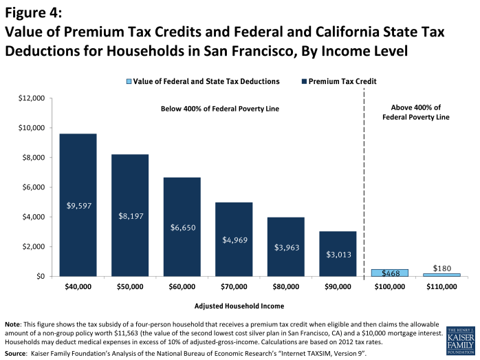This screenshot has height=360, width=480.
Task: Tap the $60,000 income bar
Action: click(x=182, y=226)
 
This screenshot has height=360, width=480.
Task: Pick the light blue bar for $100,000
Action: click(x=389, y=273)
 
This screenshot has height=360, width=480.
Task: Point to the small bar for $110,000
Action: click(x=441, y=275)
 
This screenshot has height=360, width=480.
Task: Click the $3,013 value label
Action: click(x=337, y=253)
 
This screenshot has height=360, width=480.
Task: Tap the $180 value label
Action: click(x=441, y=267)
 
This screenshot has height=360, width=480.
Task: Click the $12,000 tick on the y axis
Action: click(x=30, y=98)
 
